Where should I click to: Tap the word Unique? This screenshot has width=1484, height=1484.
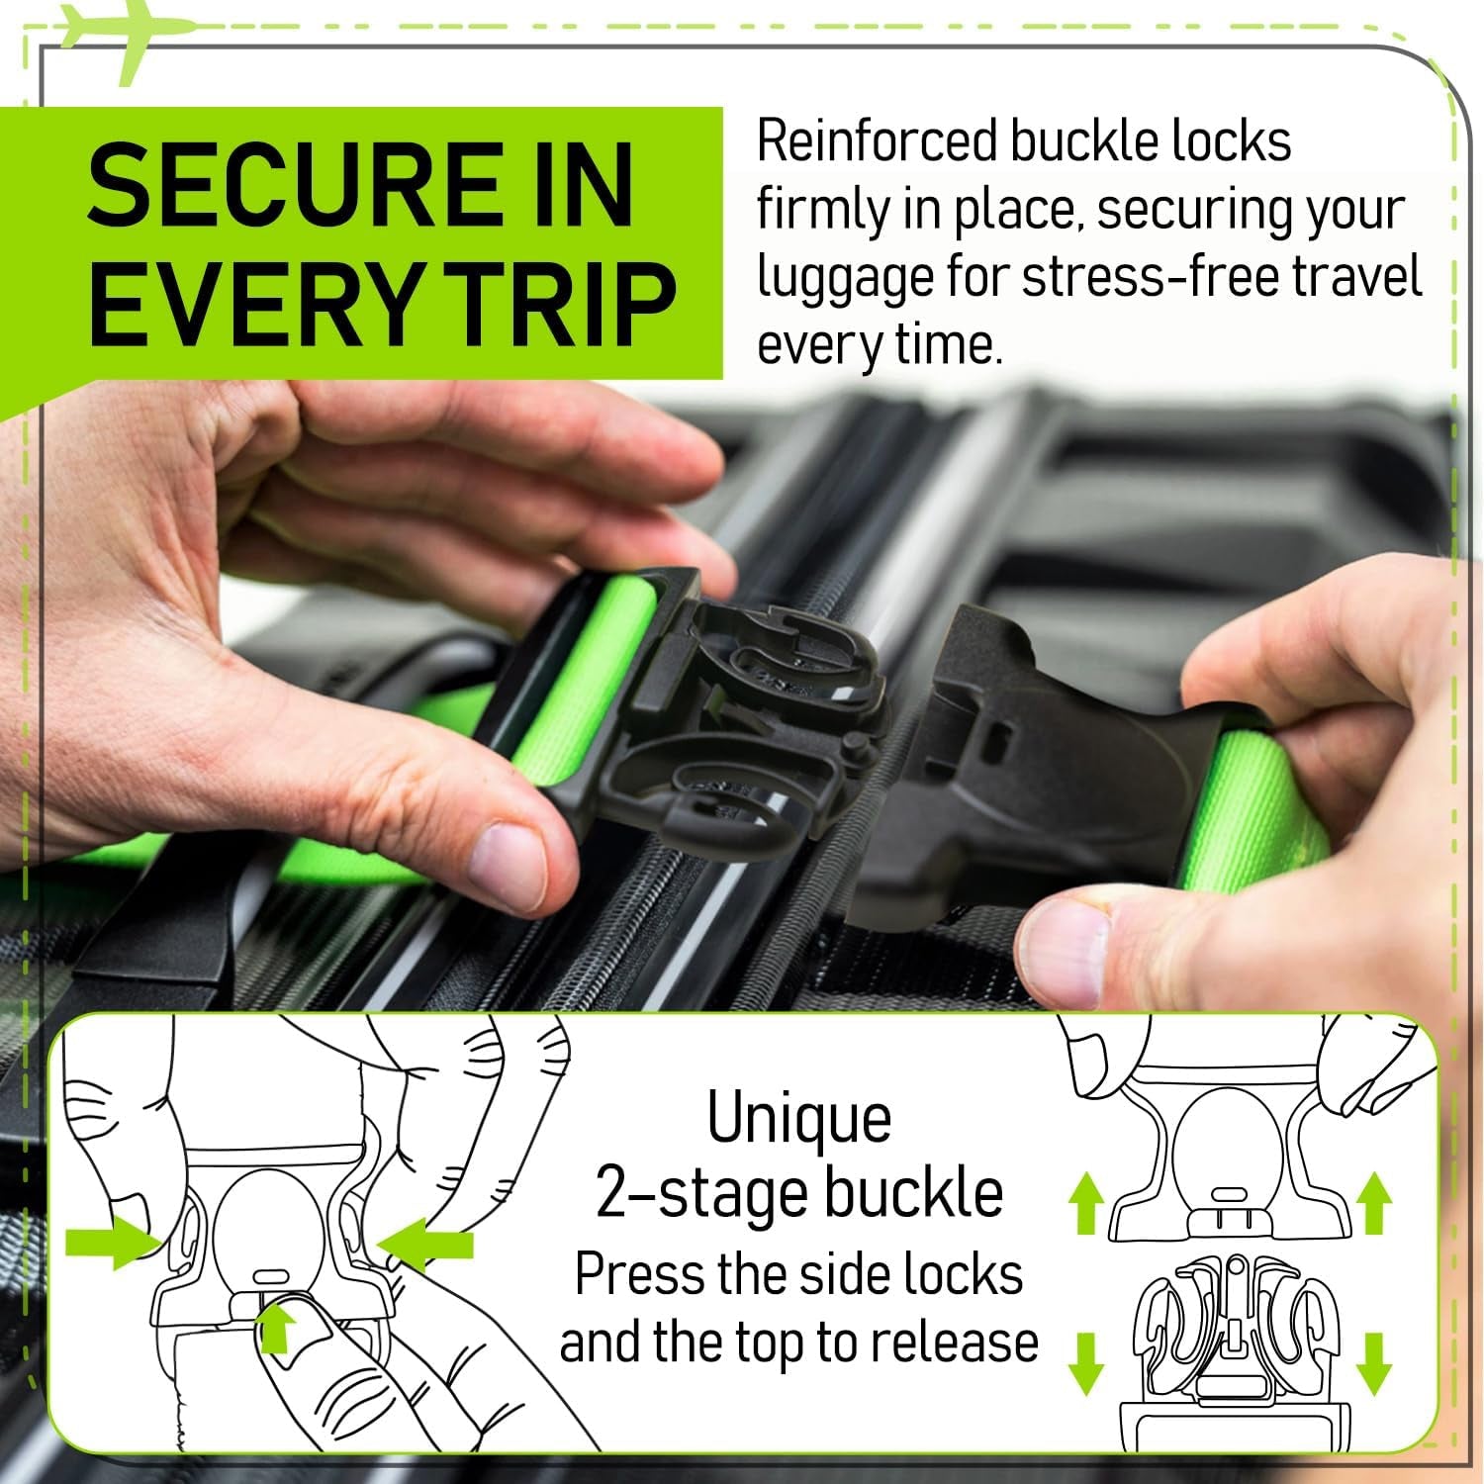click(799, 1119)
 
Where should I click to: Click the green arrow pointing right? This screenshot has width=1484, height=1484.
click(107, 1245)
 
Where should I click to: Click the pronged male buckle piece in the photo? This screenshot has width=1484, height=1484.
click(752, 712)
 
